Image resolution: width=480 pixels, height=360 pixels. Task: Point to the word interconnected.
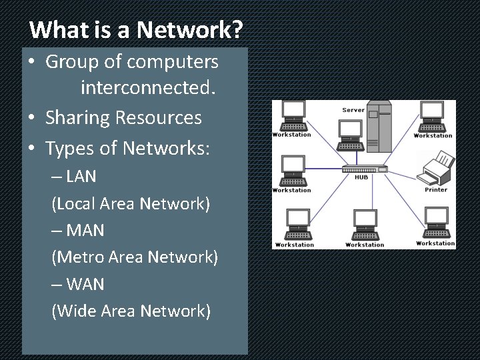pos(149,87)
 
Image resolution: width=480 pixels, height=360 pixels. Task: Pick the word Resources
pos(159,118)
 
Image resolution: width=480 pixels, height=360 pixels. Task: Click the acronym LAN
pos(81,177)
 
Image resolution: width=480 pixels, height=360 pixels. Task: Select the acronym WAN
pos(85,284)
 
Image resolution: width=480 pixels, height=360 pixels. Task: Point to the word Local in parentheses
pos(75,203)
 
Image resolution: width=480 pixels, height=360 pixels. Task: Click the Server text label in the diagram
pos(353,110)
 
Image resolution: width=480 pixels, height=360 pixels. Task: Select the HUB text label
pos(361,177)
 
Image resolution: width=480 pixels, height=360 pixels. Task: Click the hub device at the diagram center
pos(363,167)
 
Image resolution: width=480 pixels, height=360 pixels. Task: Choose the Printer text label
pos(436,189)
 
